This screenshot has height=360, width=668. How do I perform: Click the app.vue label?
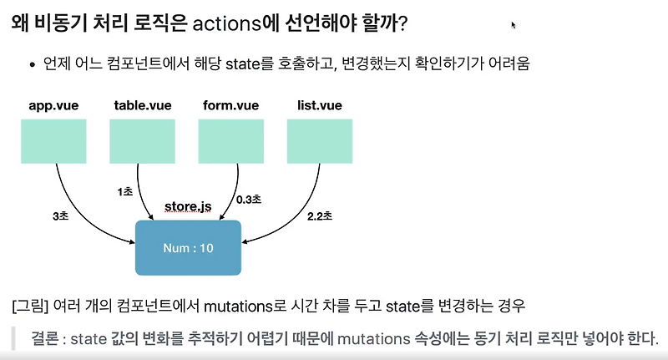pos(53,106)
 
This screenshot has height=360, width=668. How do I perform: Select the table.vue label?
pos(142,106)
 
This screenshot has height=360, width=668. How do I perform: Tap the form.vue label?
pos(230,106)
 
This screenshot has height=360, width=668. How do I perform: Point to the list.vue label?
pos(319,106)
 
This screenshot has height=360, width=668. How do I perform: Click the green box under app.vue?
pos(53,140)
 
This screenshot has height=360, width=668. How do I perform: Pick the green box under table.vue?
pos(142,140)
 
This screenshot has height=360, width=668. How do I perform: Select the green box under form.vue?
pos(231,140)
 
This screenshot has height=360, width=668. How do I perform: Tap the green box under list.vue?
pos(319,140)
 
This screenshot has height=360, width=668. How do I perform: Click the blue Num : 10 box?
pos(188,247)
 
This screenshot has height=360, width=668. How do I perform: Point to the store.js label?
pos(187,205)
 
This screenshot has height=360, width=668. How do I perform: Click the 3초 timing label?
pos(61,216)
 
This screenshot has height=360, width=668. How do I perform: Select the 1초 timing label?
pos(125,191)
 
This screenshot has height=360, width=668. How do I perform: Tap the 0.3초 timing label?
pos(249,200)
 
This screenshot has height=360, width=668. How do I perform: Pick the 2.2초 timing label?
pos(318,216)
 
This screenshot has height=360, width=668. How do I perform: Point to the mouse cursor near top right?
pos(514,25)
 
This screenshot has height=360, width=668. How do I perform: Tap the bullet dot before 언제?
pos(32,64)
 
